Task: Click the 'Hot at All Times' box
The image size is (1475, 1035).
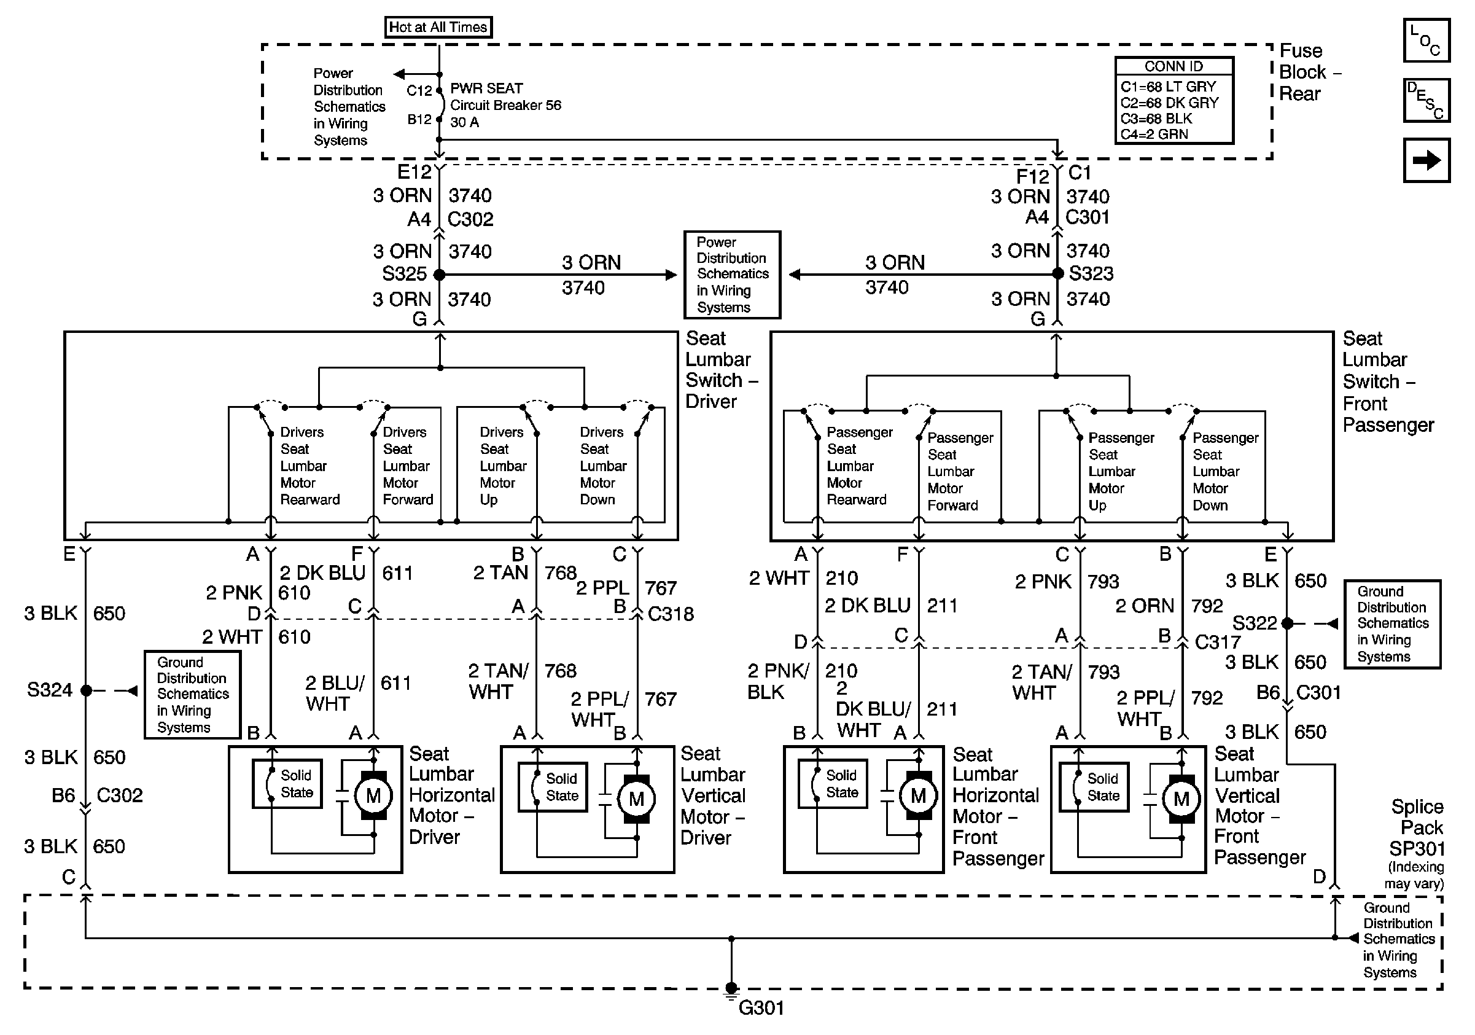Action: (438, 27)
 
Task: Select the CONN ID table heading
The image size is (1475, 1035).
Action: (1173, 66)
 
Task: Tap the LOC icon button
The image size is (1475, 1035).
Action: (1425, 40)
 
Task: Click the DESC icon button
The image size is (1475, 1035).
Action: (1425, 100)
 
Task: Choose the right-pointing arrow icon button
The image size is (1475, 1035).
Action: (1425, 160)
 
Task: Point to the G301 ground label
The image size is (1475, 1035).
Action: (761, 1007)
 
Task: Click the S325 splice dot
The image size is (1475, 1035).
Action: (440, 275)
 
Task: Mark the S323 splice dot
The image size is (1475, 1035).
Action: (1057, 274)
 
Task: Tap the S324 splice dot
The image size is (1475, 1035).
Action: (86, 690)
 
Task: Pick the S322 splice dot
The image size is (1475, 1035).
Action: (1286, 623)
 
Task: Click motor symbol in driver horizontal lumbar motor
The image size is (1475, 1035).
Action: (373, 795)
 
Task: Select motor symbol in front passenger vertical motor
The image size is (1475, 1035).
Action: (1181, 799)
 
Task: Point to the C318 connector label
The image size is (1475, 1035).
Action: (670, 614)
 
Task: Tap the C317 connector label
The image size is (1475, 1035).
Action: (1216, 642)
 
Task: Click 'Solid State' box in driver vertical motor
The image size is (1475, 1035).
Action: (553, 787)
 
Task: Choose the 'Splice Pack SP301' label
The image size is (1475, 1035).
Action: (1417, 827)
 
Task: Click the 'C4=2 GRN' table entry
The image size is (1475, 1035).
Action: (1154, 135)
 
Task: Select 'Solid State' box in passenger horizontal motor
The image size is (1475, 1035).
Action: (833, 784)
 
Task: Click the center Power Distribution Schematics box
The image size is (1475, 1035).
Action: (732, 275)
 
